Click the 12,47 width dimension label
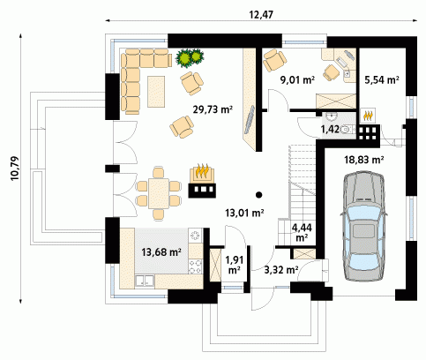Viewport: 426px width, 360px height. pos(261,15)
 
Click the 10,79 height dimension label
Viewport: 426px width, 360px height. pos(15,168)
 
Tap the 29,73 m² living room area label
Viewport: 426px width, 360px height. pos(213,109)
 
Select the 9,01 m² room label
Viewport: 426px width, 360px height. pos(297,79)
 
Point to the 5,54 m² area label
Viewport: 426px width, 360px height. pos(382,79)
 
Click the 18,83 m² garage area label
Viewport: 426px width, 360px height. pos(364,160)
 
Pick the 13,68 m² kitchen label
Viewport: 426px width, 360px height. pos(161,251)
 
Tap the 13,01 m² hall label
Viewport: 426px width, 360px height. pos(244,213)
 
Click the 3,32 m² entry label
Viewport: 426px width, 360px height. pos(281,269)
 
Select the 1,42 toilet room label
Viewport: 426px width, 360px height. pos(330,129)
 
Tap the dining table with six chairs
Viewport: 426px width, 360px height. pos(159,193)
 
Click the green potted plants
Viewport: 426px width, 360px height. pos(190,57)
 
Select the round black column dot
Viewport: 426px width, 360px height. pos(258,194)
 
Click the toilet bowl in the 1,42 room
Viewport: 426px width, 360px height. pos(347,129)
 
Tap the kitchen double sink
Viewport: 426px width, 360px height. pos(145,281)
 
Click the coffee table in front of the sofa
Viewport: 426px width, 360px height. pos(156,92)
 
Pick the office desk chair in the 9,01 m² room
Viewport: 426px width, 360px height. pos(332,72)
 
